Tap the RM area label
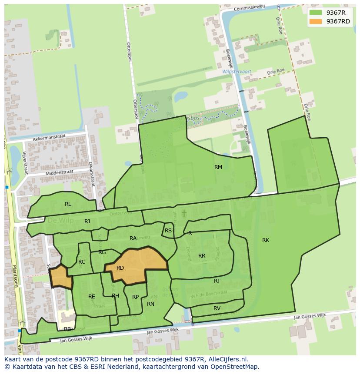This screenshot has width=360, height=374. [218, 167]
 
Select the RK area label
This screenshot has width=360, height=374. [265, 240]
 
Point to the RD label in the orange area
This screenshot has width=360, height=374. [120, 268]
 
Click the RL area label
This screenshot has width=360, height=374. [68, 204]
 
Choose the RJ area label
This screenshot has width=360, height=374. [87, 222]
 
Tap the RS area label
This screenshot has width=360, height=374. [168, 231]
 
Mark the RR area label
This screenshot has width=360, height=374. [201, 256]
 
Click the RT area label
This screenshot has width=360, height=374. [217, 281]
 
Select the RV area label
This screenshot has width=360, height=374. [217, 308]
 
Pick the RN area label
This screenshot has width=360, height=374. [150, 304]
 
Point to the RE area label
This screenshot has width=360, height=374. [91, 297]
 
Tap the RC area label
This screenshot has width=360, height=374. [82, 262]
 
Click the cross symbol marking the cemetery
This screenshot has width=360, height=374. [184, 213]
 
